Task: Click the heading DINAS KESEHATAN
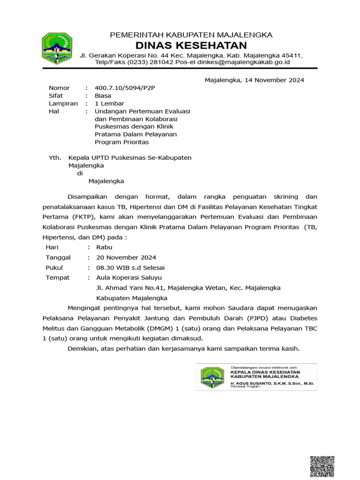coord(191,45)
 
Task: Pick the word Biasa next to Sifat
coord(103,96)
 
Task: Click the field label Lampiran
coord(63,104)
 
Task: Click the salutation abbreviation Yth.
coord(55,158)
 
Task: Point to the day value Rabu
coord(104,247)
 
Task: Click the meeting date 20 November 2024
coord(126,257)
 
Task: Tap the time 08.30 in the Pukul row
coord(105,268)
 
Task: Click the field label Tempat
coord(57,277)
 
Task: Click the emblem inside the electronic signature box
coord(212,377)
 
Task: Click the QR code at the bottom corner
coord(322,467)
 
